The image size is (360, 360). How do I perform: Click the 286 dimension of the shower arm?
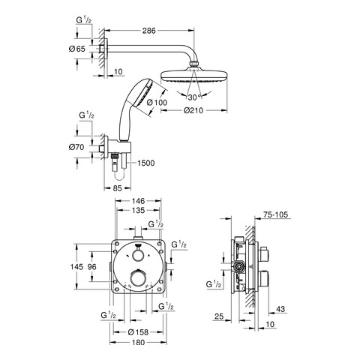(148, 31)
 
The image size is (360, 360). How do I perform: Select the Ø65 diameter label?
(77, 49)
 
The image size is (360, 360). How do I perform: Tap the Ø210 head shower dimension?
(193, 110)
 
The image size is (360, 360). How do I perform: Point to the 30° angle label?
(195, 97)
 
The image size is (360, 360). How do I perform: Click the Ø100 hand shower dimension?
(157, 102)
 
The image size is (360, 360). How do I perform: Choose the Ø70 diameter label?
(76, 147)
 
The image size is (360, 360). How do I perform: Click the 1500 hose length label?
(145, 163)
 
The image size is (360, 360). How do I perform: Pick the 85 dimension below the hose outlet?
(117, 188)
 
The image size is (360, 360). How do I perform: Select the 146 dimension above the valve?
(138, 201)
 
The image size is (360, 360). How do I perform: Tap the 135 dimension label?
(138, 210)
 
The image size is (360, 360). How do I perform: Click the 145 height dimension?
(76, 267)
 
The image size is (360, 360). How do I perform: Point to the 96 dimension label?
(92, 267)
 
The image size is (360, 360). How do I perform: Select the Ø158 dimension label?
(138, 332)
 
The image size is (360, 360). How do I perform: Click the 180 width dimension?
(138, 342)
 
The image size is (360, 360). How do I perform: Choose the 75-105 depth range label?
(275, 214)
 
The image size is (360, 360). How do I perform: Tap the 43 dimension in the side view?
(280, 309)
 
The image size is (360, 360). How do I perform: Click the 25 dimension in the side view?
(219, 316)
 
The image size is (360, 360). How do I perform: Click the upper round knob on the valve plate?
(137, 256)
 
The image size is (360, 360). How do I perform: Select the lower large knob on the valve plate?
(138, 279)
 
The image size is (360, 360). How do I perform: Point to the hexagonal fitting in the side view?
(240, 267)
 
